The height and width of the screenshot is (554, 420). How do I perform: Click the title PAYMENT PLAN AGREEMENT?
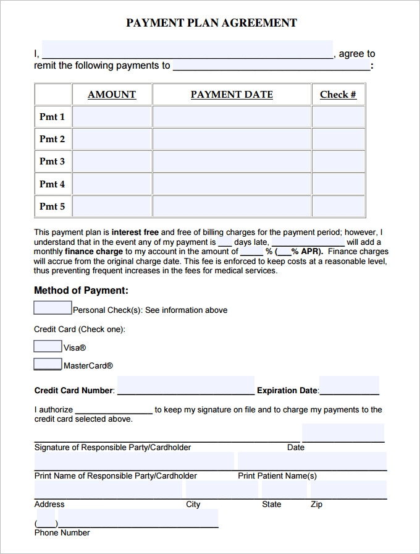[x=211, y=23]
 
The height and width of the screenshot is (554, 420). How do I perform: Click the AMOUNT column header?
[x=112, y=95]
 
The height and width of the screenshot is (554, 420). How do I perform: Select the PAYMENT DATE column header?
[x=232, y=95]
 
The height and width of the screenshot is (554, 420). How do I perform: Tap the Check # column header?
[x=338, y=95]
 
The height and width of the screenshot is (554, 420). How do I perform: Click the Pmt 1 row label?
[x=52, y=117]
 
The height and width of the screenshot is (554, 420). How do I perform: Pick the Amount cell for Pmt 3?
[x=112, y=161]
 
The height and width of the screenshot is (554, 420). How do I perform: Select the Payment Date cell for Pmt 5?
[x=232, y=207]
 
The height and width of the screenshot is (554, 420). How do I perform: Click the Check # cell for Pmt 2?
[x=338, y=139]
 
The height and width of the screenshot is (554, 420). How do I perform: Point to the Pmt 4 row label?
[x=52, y=184]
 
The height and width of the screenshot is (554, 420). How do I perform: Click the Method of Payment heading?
[x=81, y=290]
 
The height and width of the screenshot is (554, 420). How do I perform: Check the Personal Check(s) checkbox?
[x=52, y=308]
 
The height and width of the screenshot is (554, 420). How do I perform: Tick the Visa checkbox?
[x=48, y=346]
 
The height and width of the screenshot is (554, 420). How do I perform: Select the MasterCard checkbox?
[x=48, y=364]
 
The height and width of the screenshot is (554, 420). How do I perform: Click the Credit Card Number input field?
[x=185, y=386]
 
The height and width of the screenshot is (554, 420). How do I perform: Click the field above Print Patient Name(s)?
[x=312, y=461]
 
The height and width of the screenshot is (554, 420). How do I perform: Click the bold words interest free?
[x=135, y=233]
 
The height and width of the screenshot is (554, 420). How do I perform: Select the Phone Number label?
[x=62, y=533]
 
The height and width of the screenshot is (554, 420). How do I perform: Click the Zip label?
[x=316, y=505]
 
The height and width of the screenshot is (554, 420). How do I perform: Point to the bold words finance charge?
[x=93, y=252]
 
